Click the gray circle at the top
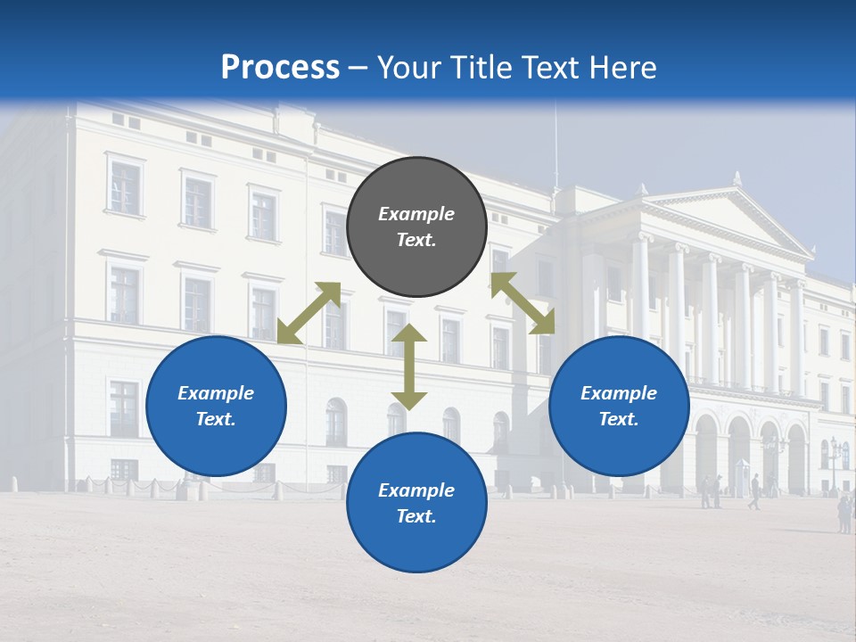416,227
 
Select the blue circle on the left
216,406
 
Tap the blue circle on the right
619,406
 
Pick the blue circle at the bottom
416,502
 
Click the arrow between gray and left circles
309,313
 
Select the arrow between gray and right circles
523,303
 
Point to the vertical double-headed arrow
409,367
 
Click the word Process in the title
280,67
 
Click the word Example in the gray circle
416,214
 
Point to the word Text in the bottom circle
415,516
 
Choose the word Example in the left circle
216,393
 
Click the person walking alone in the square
755,491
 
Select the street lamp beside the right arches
835,459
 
